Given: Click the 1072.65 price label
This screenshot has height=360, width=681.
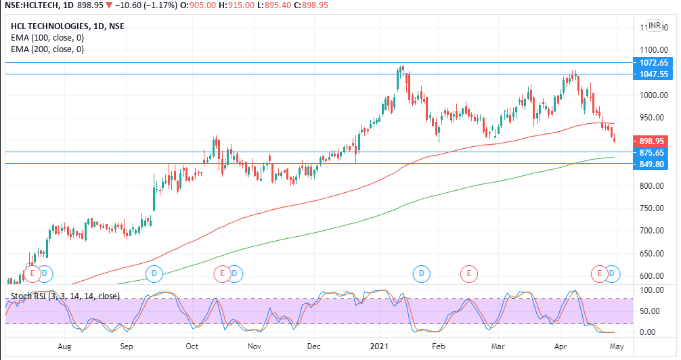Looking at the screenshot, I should click(x=653, y=62).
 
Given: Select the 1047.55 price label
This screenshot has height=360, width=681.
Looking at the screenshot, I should click(x=653, y=74).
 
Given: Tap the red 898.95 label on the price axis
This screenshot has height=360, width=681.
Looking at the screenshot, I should click(x=653, y=141).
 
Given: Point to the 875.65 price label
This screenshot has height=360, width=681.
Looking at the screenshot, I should click(x=653, y=152).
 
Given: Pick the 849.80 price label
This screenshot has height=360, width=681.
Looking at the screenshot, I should click(x=653, y=164).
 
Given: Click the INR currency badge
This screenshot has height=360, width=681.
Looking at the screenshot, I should click(x=655, y=26).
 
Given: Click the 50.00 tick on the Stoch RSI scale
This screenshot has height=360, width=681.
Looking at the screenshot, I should click(x=649, y=311).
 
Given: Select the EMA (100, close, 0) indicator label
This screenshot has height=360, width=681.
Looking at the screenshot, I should click(x=47, y=38).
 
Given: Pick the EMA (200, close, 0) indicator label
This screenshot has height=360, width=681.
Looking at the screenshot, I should click(x=47, y=49).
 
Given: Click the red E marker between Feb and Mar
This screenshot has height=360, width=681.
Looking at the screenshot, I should click(x=468, y=273).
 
